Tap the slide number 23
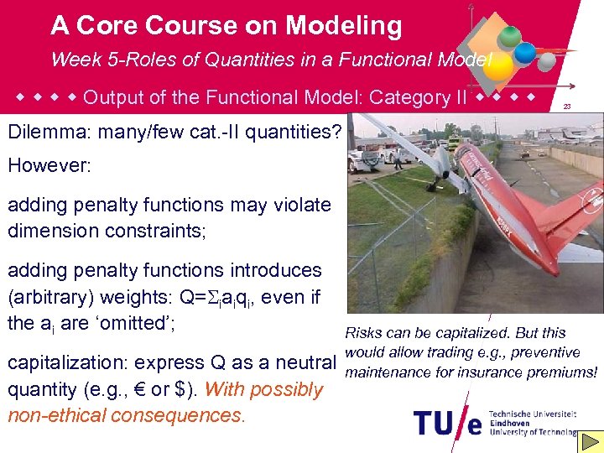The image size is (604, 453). [x=567, y=107]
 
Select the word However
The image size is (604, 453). [x=48, y=164]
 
